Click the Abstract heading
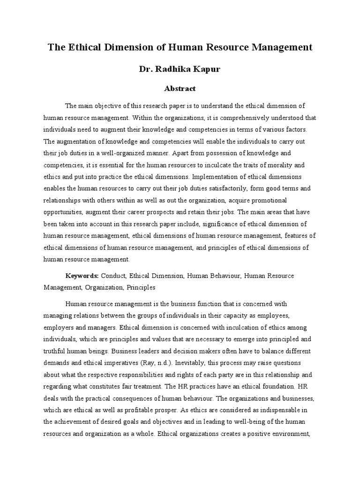pos(180,88)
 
